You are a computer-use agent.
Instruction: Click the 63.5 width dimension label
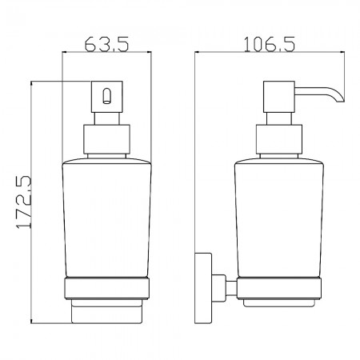tap(106, 44)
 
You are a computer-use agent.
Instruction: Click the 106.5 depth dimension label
tap(270, 44)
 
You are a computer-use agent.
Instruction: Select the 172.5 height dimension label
tap(23, 202)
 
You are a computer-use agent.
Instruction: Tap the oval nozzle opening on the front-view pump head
tap(106, 96)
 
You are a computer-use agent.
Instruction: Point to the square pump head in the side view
tap(279, 97)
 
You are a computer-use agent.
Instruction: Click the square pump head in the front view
tap(107, 97)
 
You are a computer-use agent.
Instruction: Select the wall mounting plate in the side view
tap(203, 288)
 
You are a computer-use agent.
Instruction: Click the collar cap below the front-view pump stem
tap(106, 139)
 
